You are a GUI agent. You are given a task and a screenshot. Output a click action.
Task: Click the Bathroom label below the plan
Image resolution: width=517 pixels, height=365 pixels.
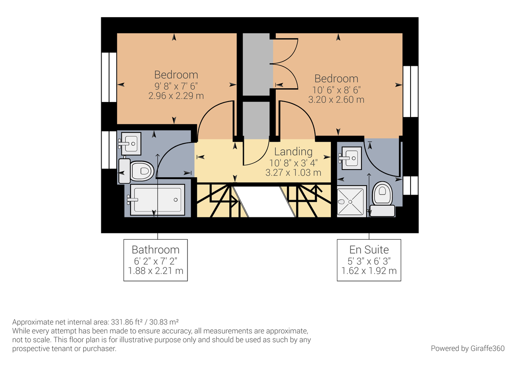pyautogui.click(x=156, y=250)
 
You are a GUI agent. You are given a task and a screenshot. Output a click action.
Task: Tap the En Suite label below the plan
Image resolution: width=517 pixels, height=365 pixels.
pyautogui.click(x=369, y=250)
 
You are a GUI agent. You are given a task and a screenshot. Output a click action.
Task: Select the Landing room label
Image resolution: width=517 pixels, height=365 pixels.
pyautogui.click(x=293, y=152)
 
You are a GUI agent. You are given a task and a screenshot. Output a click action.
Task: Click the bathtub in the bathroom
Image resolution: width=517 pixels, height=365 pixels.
pyautogui.click(x=157, y=199)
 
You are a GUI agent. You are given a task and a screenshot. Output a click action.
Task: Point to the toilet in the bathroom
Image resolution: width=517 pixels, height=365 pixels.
pyautogui.click(x=137, y=171)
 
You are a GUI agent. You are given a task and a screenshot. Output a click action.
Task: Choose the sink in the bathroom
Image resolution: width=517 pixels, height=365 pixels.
pyautogui.click(x=130, y=143)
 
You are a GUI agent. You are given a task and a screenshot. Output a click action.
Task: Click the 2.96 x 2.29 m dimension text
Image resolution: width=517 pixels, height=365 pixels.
pyautogui.click(x=176, y=96)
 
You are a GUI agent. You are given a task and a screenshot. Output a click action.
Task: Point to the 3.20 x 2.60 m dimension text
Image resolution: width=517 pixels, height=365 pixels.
pyautogui.click(x=336, y=100)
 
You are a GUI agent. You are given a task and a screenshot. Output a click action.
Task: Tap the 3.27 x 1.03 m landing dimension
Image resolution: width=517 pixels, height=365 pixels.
pyautogui.click(x=293, y=173)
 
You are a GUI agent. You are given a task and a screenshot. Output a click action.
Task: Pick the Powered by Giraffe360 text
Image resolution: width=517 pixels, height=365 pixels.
pyautogui.click(x=467, y=348)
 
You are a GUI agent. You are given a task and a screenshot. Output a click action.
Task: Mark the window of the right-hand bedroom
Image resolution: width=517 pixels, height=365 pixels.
pyautogui.click(x=410, y=91)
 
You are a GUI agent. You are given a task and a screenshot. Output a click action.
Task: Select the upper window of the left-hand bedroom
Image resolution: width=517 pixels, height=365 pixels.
pyautogui.click(x=109, y=77)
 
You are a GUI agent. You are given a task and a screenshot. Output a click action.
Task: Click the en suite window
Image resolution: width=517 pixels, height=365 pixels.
pyautogui.click(x=410, y=185)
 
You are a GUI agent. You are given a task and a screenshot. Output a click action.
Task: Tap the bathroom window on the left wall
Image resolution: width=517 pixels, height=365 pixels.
pyautogui.click(x=109, y=150)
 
